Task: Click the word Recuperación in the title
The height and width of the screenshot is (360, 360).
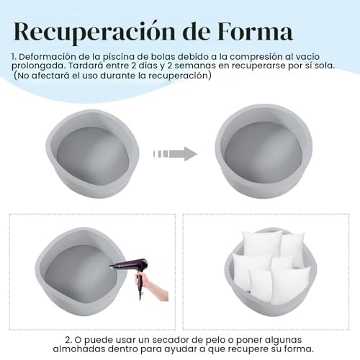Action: pos(95,32)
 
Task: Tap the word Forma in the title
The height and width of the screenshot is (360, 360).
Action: pos(255,31)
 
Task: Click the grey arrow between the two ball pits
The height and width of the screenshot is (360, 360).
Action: pos(175,154)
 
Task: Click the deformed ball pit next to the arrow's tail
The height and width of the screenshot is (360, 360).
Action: pos(93,154)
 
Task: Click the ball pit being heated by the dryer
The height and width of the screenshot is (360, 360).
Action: pos(81,271)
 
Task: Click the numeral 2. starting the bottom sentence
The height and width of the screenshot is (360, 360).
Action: pos(68,340)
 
